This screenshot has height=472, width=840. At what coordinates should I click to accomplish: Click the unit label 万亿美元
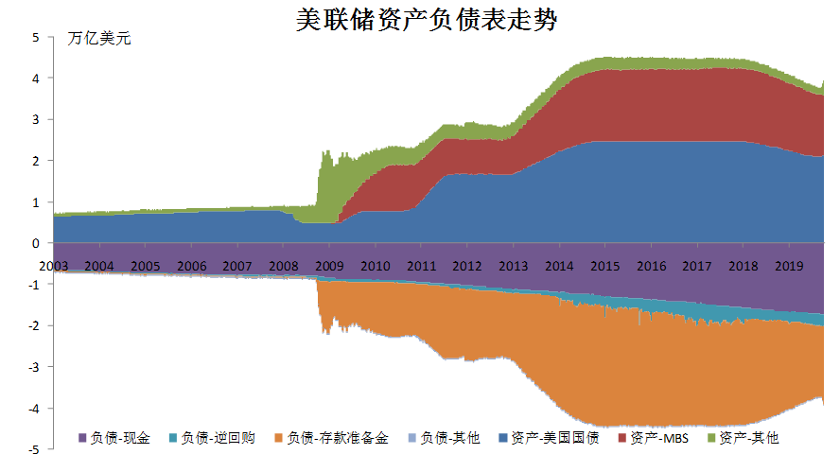[100, 40]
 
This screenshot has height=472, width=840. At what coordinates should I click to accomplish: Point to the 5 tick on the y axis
[36, 38]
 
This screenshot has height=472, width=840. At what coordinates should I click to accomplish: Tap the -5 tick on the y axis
[34, 450]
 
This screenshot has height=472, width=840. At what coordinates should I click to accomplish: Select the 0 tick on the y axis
[36, 244]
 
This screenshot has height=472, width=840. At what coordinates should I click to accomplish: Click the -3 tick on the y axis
[34, 367]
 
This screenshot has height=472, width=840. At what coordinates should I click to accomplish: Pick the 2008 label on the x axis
[284, 266]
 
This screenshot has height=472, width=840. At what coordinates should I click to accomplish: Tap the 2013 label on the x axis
[514, 266]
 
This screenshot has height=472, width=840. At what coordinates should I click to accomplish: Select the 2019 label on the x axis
[788, 266]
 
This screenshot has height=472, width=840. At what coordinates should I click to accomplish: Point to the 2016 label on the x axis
[651, 266]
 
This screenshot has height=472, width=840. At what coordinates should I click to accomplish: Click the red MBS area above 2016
[651, 104]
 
